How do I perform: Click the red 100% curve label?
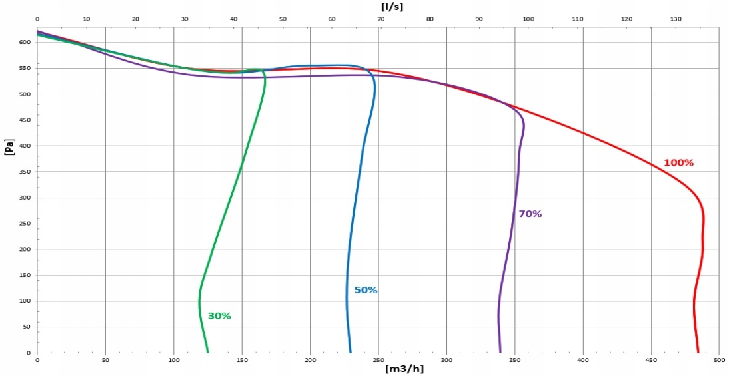678,163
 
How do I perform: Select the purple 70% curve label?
530,214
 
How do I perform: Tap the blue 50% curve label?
366,291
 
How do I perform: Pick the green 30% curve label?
219,316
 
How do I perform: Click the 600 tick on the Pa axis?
25,43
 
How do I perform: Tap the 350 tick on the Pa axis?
25,172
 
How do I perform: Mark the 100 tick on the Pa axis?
25,301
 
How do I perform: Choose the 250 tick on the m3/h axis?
378,360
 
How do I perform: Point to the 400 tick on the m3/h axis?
583,360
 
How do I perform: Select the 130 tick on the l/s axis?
676,19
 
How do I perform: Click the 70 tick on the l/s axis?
380,19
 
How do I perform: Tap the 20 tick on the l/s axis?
135,19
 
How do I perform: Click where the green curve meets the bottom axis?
208,353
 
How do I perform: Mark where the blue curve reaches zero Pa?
351,353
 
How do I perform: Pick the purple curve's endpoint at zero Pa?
500,353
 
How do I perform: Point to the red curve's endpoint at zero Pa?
698,353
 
